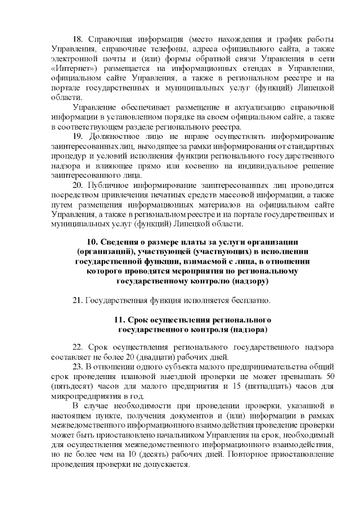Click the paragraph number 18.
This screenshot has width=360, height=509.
click(78, 39)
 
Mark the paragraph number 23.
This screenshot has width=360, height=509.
click(78, 367)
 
